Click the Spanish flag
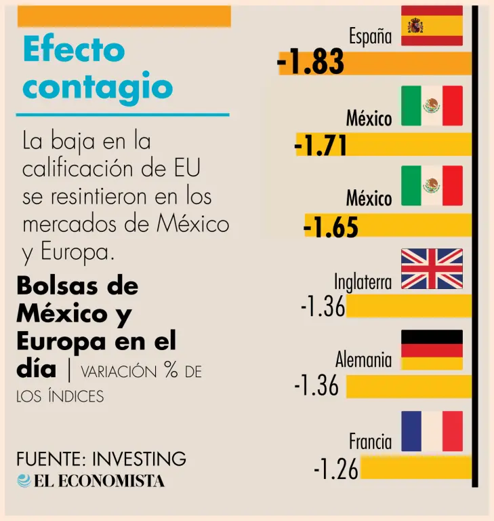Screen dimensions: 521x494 pos(432,26)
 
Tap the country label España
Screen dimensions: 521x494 pos(371,37)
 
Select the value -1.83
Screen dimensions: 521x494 pos(311,63)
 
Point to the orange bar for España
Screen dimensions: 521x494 pos(407,63)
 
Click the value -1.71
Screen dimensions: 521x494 pos(321,144)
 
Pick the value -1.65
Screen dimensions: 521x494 pos(331,226)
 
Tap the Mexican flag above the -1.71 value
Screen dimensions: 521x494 pos(432,106)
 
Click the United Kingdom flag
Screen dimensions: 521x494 pos(432,269)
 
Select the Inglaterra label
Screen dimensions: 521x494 pos(363,282)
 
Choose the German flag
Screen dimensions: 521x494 pos(432,349)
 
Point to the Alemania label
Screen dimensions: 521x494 pos(363,360)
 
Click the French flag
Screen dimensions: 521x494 pos(432,431)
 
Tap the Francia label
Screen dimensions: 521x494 pos(370,442)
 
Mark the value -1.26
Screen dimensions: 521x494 pos(335,469)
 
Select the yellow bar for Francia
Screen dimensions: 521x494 pos(415,468)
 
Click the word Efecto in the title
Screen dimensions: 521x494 pos(74,50)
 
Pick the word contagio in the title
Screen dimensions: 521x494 pos(98,88)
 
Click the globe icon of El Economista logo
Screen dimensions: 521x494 pos(24,480)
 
